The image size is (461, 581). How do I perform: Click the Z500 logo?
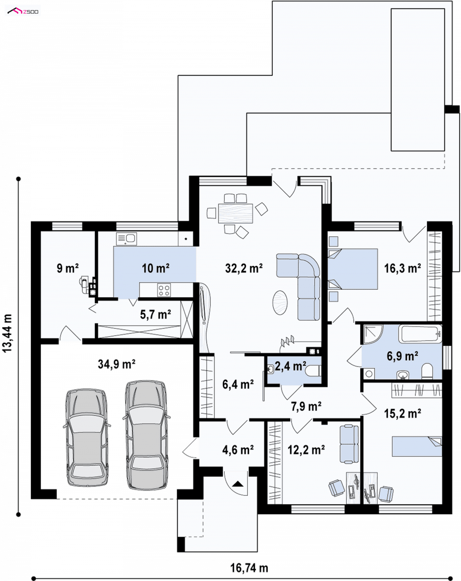(x=23, y=11)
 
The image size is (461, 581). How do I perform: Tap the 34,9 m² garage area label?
(x=116, y=365)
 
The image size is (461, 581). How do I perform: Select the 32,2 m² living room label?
(x=244, y=268)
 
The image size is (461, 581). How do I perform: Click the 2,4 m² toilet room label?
(x=290, y=366)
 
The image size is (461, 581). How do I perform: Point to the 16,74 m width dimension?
(x=249, y=568)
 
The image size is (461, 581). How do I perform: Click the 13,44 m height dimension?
(x=8, y=333)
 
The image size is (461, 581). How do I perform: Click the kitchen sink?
(x=126, y=239)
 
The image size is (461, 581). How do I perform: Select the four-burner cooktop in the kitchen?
(x=164, y=290)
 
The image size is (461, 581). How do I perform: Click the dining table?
(x=235, y=213)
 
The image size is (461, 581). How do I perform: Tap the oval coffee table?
(x=280, y=302)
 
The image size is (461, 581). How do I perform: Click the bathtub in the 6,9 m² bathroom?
(x=420, y=334)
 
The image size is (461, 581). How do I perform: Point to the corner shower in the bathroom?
(x=373, y=334)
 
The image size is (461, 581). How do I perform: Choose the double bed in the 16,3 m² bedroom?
(x=353, y=269)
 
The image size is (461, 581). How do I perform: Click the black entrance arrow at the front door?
(x=237, y=483)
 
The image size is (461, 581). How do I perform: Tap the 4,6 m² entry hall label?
(x=238, y=450)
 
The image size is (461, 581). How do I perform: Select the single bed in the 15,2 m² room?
(x=417, y=447)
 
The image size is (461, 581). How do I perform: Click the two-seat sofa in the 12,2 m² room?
(x=349, y=444)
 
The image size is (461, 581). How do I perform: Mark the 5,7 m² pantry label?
(x=156, y=315)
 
